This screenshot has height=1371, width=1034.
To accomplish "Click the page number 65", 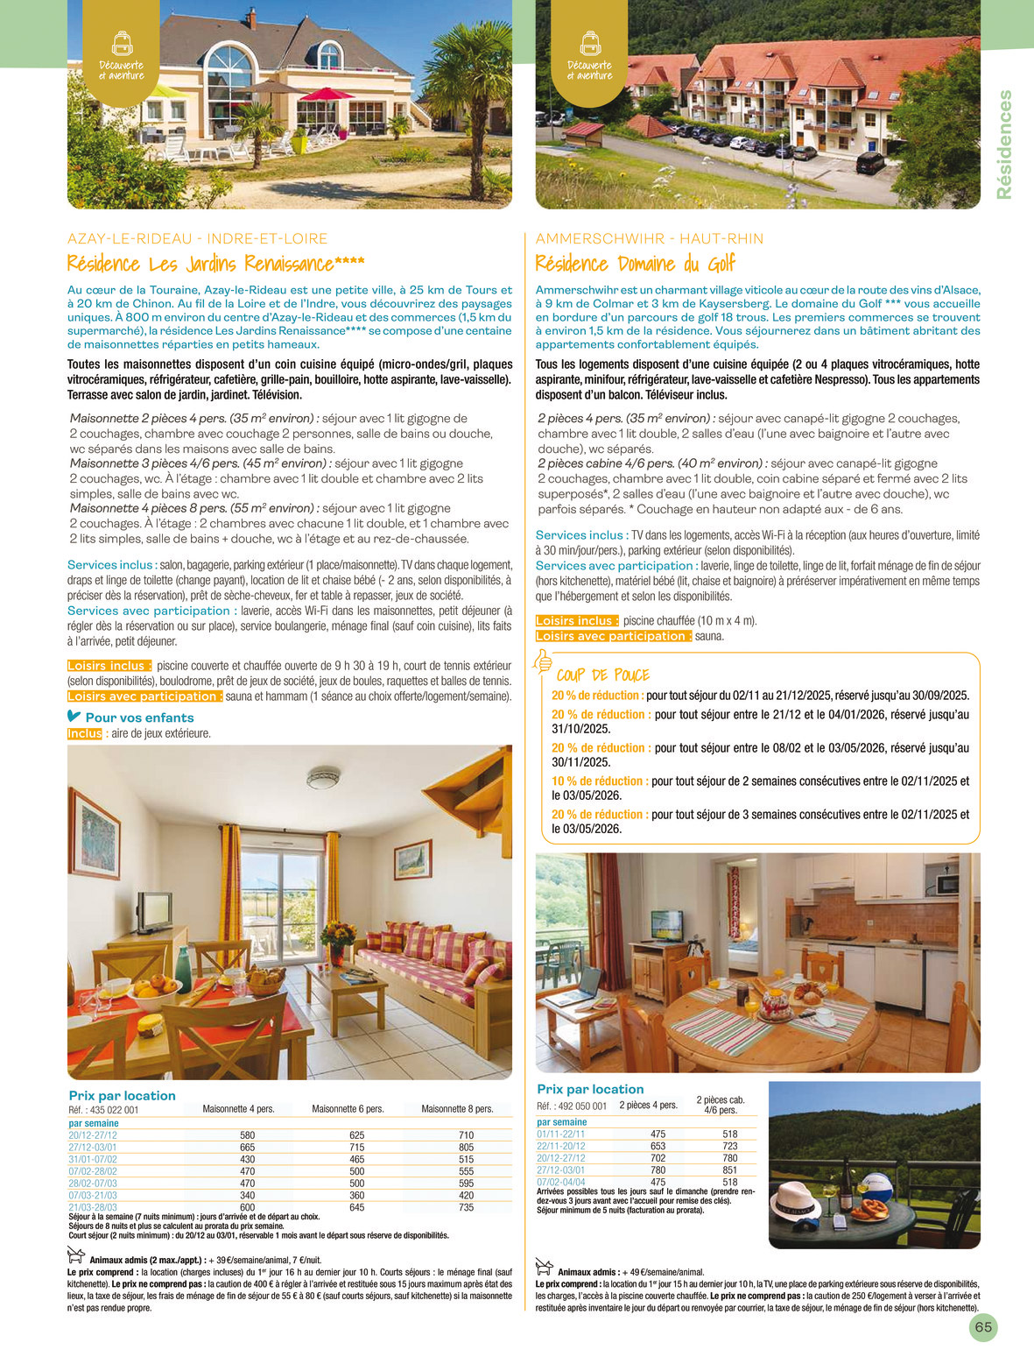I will point(983,1327).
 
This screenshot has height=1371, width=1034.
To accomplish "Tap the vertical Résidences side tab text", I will point(1004,145).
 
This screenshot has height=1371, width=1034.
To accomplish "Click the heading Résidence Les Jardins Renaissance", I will point(215,264).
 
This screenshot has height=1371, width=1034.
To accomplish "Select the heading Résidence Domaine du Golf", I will point(635,264).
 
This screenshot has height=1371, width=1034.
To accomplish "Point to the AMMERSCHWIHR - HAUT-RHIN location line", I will point(649,238).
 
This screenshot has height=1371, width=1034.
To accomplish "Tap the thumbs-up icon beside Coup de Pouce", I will point(543,662).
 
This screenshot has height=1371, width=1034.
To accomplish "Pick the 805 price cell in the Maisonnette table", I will point(466,1147).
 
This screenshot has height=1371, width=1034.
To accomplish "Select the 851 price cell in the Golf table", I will point(730,1170).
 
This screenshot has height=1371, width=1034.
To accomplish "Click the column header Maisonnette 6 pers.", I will point(348,1108).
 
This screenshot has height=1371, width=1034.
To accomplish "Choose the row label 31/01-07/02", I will point(93,1159).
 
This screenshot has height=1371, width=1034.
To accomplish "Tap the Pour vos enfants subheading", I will point(139,717).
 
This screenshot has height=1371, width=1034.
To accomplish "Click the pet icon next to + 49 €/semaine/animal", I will point(543,1269).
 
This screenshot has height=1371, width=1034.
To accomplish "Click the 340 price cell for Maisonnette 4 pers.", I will point(247,1195).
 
